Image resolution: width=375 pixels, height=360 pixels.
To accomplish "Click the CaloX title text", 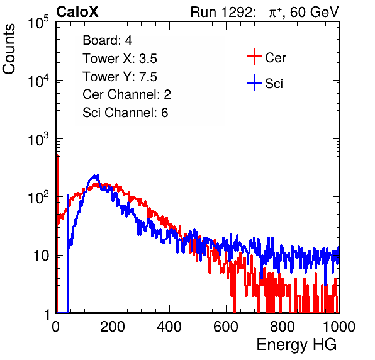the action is point(77,12).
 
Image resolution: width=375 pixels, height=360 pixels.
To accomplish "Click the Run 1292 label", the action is point(221,12).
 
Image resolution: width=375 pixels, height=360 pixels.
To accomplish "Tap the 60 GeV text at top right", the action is point(314,12).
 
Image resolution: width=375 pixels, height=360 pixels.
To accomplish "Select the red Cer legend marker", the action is point(254,57).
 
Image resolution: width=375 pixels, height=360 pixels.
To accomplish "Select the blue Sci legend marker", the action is point(254,82).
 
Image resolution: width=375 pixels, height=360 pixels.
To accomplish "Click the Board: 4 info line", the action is point(107,40).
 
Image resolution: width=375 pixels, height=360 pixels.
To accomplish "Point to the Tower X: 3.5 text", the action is point(120,59).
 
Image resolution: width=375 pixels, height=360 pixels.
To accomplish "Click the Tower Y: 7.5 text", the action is point(120,77).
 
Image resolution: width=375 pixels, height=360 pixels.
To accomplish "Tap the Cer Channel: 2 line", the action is point(126,94).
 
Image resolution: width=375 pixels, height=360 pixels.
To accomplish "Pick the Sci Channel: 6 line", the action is point(125,113).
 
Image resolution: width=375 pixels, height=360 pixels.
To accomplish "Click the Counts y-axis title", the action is point(9,49).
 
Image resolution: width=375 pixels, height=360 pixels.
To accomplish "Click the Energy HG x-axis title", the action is point(296,345).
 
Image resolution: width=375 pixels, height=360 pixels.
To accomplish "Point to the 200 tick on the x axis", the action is point(113,327).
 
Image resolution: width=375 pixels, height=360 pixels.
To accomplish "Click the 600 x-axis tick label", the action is point(226,327).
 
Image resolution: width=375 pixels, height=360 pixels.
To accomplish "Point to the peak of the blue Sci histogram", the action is point(95,176).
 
